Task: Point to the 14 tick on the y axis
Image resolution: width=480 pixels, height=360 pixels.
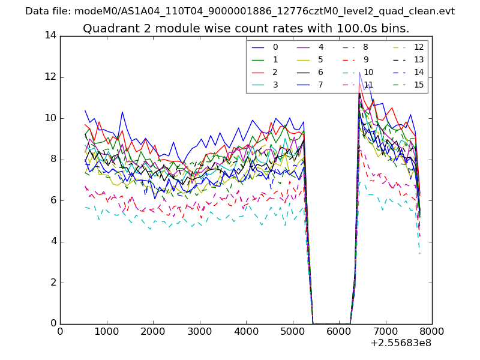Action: (50, 36)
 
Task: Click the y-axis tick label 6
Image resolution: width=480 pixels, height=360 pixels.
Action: (53, 200)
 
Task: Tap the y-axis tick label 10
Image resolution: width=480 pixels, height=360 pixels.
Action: (50, 118)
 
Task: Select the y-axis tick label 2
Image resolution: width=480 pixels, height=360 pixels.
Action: (53, 283)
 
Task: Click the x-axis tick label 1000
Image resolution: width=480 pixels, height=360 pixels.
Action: (106, 331)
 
